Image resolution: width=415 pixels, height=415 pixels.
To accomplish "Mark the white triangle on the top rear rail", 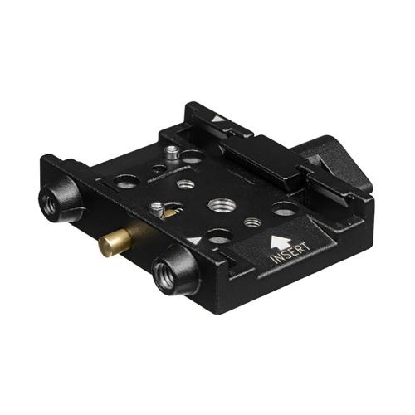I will pos(217,120).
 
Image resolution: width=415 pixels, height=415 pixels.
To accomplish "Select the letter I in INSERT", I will pos(272,263).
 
